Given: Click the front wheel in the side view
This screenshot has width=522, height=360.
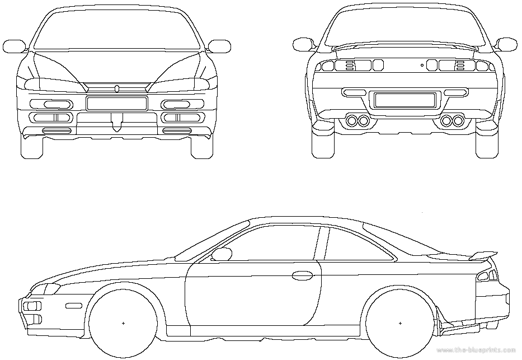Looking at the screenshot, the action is coord(123,323).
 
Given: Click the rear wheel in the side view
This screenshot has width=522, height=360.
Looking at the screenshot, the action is coord(400,323).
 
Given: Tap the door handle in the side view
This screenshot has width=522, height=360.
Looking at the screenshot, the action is coord(302,275).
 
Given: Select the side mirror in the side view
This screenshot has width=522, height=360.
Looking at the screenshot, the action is coord(222,254).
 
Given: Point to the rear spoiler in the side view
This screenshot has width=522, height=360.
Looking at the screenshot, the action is coord(483,256).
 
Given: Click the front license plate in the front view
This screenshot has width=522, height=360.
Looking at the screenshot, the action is coord(116,103).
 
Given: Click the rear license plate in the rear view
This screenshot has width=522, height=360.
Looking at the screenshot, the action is coord(405,100).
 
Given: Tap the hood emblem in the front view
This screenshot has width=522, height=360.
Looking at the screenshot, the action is coord(117,88).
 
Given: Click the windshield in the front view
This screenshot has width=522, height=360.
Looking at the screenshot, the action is coord(117,31).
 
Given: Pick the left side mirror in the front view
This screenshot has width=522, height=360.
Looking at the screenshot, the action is coord(15,46).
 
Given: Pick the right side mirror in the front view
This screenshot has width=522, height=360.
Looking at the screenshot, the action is coord(219,46).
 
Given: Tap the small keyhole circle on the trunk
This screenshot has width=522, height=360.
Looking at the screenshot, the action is coord(422,66).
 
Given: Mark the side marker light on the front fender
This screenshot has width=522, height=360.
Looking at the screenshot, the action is coord(74,305).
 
